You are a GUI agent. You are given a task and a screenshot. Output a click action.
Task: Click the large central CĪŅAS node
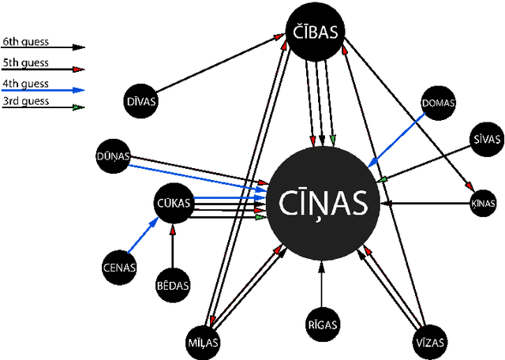324,204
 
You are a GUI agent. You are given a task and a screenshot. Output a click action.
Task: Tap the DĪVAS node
141,101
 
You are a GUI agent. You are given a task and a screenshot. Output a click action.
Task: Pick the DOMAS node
439,103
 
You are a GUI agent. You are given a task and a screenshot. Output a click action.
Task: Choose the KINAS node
483,204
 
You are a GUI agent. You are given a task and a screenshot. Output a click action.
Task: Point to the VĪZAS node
430,343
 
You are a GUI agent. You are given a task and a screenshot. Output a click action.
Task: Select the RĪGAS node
322,324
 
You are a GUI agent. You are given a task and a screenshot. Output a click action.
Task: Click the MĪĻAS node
204,343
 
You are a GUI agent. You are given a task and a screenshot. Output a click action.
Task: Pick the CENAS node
120,267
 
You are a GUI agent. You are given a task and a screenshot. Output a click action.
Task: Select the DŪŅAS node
113,156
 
